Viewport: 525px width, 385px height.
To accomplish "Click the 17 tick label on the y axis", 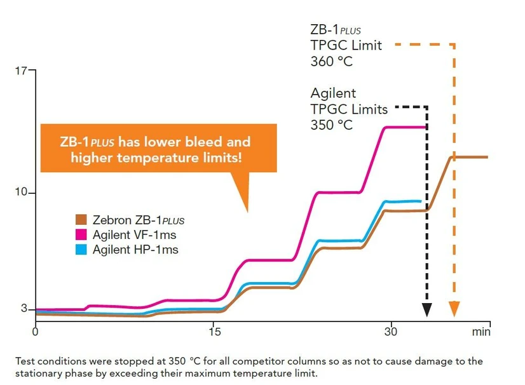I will pyautogui.click(x=21, y=70).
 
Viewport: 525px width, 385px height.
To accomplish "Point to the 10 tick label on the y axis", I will pyautogui.click(x=21, y=192).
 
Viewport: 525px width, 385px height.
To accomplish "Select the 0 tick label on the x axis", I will pyautogui.click(x=36, y=331).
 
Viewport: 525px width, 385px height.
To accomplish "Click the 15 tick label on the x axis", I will pyautogui.click(x=214, y=331).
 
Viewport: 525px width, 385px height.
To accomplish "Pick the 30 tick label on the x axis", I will pyautogui.click(x=392, y=331).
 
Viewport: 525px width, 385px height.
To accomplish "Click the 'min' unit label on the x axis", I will pyautogui.click(x=481, y=331).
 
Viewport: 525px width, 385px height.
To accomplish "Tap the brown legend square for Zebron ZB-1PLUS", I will pyautogui.click(x=81, y=220).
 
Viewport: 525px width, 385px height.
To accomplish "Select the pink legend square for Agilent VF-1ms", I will pyautogui.click(x=81, y=235).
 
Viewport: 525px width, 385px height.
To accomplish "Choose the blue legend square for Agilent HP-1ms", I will pyautogui.click(x=81, y=250).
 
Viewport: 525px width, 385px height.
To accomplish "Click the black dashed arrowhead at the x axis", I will pyautogui.click(x=427, y=311).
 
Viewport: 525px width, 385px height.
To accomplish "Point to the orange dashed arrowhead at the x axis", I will pyautogui.click(x=454, y=311).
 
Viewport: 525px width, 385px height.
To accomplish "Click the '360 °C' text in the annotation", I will pyautogui.click(x=331, y=62).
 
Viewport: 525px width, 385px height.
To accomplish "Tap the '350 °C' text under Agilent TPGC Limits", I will pyautogui.click(x=331, y=125).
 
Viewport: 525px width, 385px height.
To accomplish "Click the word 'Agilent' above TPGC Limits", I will pyautogui.click(x=333, y=93).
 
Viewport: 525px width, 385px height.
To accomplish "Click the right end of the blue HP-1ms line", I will pyautogui.click(x=421, y=201).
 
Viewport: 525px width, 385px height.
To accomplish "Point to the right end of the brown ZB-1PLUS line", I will pyautogui.click(x=487, y=157).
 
